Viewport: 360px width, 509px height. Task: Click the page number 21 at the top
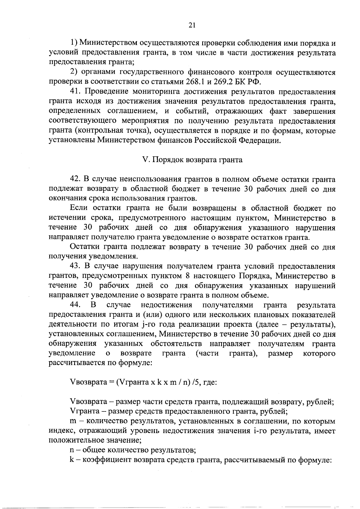coord(192,26)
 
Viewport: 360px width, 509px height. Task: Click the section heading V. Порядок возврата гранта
coord(192,160)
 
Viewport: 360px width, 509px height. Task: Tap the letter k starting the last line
coord(72,460)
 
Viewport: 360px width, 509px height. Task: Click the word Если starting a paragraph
coord(78,208)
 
